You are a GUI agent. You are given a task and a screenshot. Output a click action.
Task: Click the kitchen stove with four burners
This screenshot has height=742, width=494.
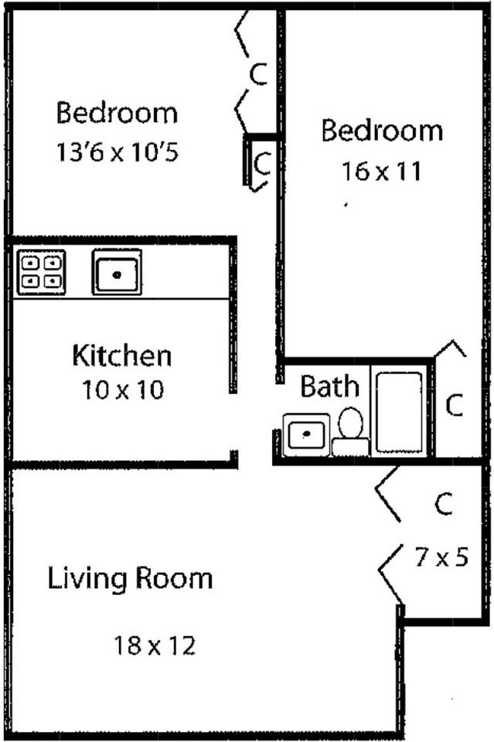pyautogui.click(x=41, y=272)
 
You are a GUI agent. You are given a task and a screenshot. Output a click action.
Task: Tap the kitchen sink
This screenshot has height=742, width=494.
pyautogui.click(x=117, y=272)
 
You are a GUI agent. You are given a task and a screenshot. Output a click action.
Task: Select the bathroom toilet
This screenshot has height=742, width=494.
pyautogui.click(x=350, y=433)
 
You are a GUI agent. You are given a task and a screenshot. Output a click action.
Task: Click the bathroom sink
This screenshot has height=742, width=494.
pyautogui.click(x=306, y=434)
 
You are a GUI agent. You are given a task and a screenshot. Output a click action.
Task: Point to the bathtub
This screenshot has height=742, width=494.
pyautogui.click(x=399, y=412)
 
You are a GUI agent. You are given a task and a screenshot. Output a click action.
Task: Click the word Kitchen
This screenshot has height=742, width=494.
pyautogui.click(x=121, y=356)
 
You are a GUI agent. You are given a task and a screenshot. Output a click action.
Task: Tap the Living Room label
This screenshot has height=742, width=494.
pyautogui.click(x=130, y=578)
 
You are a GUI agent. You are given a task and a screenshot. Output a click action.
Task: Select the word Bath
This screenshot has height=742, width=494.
pyautogui.click(x=329, y=386)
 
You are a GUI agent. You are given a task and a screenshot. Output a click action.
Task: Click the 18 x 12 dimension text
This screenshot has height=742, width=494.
pyautogui.click(x=155, y=645)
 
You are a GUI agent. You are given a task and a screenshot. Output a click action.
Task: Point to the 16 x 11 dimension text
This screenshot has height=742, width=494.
pyautogui.click(x=381, y=171)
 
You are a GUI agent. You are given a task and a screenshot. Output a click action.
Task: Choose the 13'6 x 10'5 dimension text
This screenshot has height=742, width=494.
pyautogui.click(x=117, y=152)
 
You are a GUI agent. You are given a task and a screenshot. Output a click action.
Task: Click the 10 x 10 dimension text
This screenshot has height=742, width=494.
pyautogui.click(x=123, y=390)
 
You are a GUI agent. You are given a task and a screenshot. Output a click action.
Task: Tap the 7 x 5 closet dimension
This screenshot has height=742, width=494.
pyautogui.click(x=441, y=556)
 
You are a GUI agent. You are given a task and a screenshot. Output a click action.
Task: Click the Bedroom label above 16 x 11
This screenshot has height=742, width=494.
pyautogui.click(x=382, y=131)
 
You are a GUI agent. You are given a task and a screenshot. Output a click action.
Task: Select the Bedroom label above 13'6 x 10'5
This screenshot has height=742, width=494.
pyautogui.click(x=117, y=113)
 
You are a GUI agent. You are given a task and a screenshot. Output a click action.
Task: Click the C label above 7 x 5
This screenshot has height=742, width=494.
pyautogui.click(x=442, y=505)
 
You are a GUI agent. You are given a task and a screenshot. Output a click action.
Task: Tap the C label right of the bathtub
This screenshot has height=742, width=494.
pyautogui.click(x=455, y=405)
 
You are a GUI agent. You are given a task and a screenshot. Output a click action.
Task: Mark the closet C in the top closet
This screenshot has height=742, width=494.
pyautogui.click(x=258, y=74)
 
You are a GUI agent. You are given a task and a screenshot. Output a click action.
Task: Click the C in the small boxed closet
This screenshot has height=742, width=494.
pyautogui.click(x=262, y=163)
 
